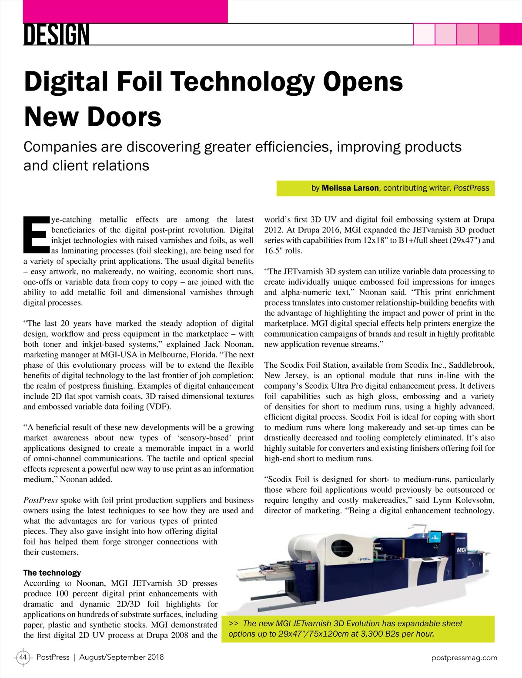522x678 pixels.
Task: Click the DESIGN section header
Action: [57, 35]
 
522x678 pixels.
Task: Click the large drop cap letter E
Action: [36, 234]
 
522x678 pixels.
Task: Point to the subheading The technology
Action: [52, 573]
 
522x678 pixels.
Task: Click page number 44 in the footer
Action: [23, 657]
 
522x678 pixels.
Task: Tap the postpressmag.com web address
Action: [464, 658]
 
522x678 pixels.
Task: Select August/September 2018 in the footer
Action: [121, 657]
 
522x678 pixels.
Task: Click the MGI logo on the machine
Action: [462, 550]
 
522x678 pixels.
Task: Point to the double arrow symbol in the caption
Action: [233, 624]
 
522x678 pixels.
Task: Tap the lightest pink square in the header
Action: [424, 34]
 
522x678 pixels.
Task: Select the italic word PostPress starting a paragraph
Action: [40, 500]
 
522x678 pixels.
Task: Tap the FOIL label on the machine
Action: [364, 560]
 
